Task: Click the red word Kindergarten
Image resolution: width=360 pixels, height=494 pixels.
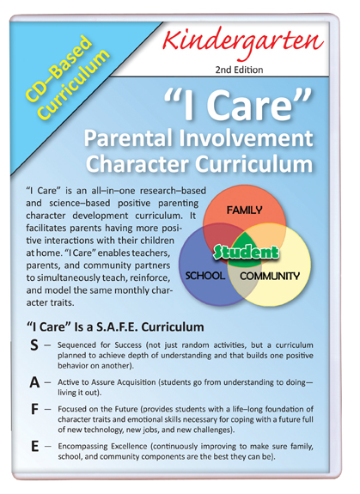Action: pos(243,43)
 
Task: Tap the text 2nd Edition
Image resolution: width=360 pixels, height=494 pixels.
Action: pos(239,70)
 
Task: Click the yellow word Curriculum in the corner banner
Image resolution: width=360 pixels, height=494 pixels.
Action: pos(76,85)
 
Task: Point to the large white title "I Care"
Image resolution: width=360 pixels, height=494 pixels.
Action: pos(239,104)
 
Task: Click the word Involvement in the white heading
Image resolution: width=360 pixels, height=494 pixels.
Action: pos(247,138)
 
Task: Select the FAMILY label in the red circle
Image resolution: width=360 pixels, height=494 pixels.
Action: pos(244,210)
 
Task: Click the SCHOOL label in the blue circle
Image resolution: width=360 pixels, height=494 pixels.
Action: pos(205,276)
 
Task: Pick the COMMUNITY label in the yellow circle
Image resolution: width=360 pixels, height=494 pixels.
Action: pos(270,276)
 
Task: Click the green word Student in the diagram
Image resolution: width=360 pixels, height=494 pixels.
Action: pos(246,252)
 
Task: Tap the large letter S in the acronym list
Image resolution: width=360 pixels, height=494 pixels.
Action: pos(34,345)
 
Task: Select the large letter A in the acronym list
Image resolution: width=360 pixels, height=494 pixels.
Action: pos(34,382)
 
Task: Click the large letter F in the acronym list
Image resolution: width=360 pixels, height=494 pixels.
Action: pos(34,409)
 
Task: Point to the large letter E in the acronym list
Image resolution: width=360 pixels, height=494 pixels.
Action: pos(34,447)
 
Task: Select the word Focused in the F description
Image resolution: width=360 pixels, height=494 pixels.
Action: pos(70,409)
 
